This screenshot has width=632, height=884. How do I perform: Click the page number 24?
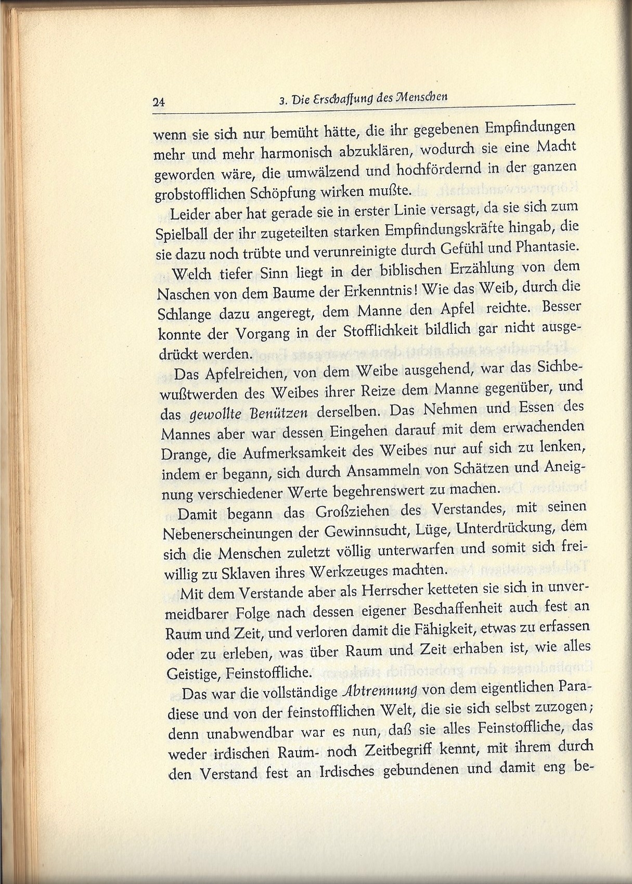[159, 102]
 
